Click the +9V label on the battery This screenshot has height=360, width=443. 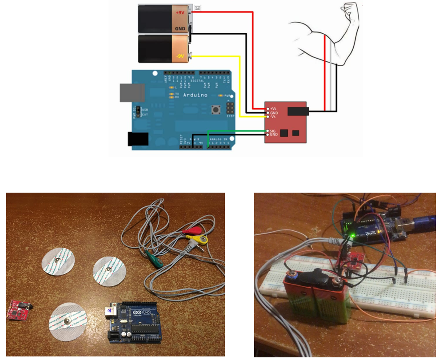[x=180, y=13]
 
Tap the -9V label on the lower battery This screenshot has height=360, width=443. [x=179, y=56]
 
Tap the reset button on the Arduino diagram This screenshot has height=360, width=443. [x=217, y=109]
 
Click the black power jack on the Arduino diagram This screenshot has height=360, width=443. [x=138, y=139]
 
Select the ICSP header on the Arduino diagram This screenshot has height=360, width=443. [x=229, y=108]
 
